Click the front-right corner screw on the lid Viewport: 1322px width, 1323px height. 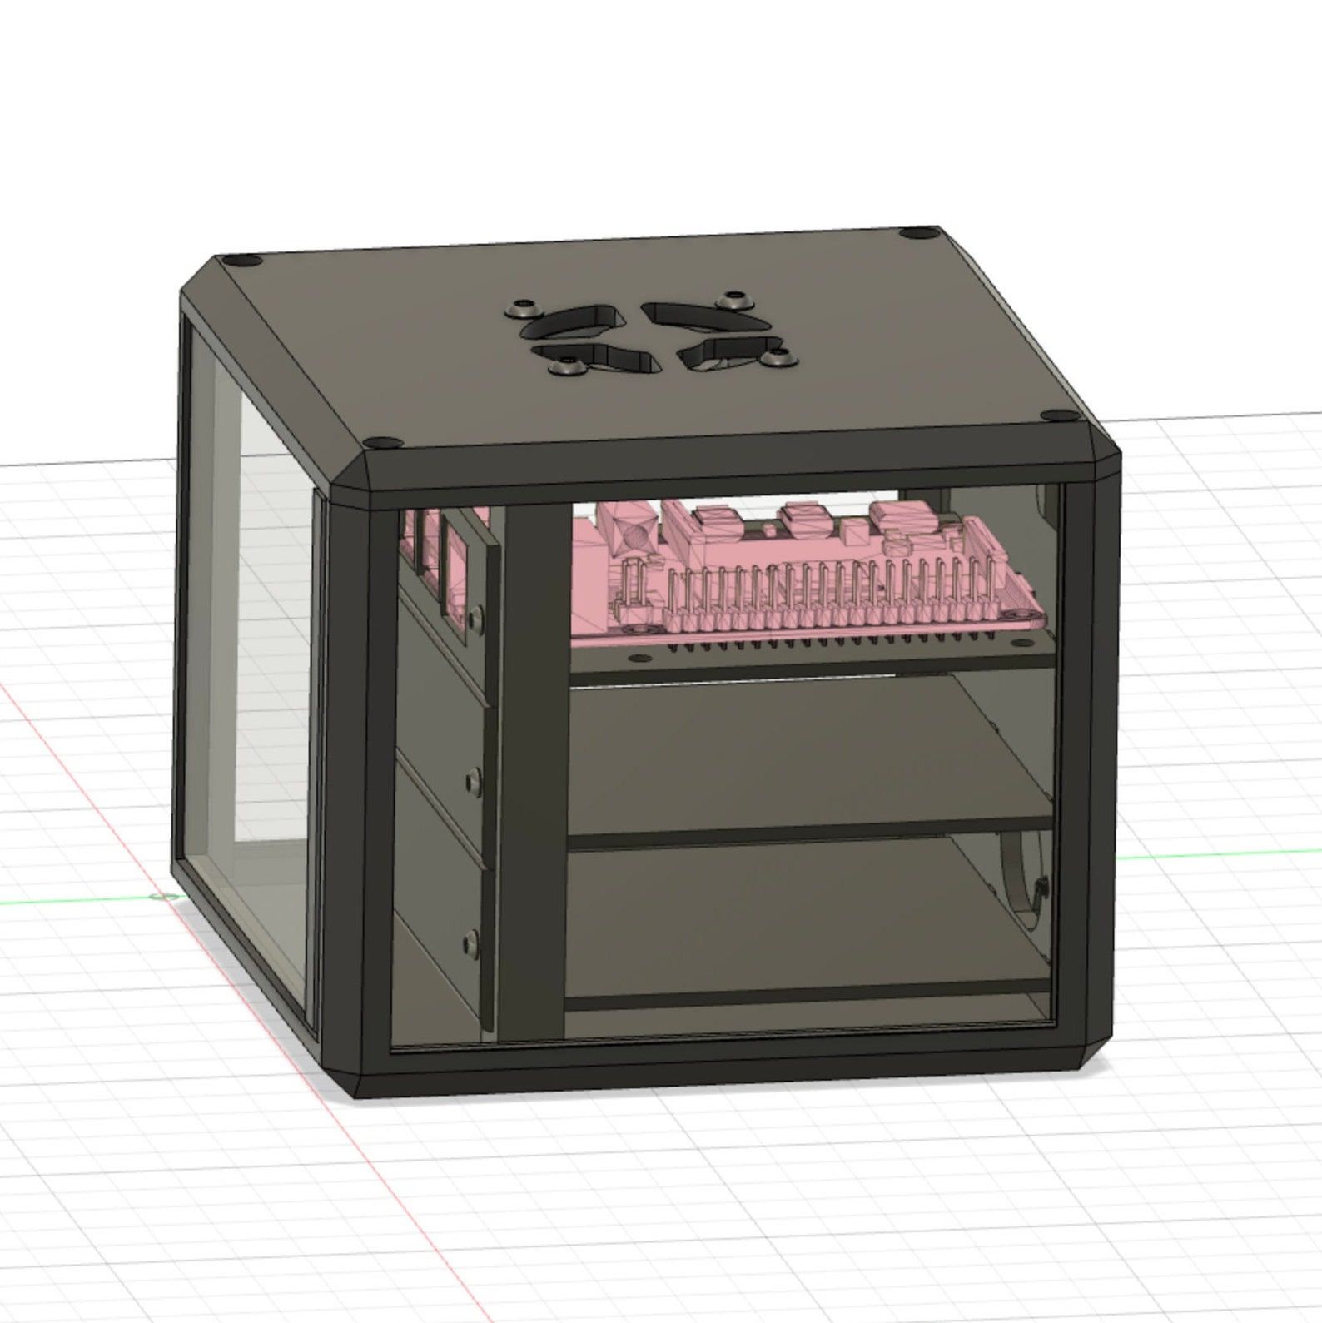[1051, 415]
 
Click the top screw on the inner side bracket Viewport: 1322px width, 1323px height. [475, 617]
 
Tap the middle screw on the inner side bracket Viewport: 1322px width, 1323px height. [474, 781]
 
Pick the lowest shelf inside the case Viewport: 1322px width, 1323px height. [799, 916]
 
